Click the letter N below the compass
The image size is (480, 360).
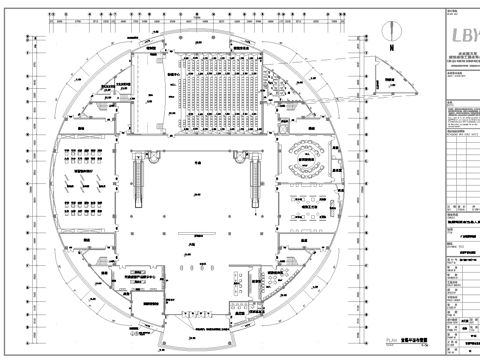click(x=393, y=47)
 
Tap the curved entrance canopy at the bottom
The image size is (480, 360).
click(x=199, y=326)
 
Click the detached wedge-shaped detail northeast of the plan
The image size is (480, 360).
click(x=385, y=71)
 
